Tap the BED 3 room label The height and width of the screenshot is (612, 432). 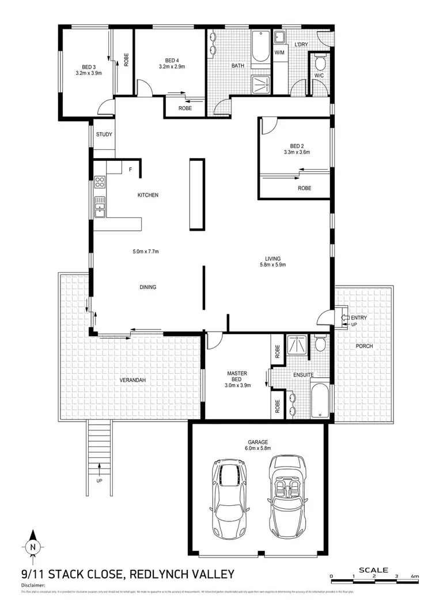pos(88,70)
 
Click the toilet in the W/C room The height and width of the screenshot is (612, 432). pos(320,63)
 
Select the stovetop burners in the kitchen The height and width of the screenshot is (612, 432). pos(100,183)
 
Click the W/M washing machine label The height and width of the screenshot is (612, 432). pos(279,53)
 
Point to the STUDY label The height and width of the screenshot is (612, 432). pos(104,135)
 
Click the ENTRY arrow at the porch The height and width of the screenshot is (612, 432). pos(346,317)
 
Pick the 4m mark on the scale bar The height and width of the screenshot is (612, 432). pos(415,577)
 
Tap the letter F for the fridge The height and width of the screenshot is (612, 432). pos(131,169)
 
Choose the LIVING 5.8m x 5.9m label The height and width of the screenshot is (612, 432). pos(272,262)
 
